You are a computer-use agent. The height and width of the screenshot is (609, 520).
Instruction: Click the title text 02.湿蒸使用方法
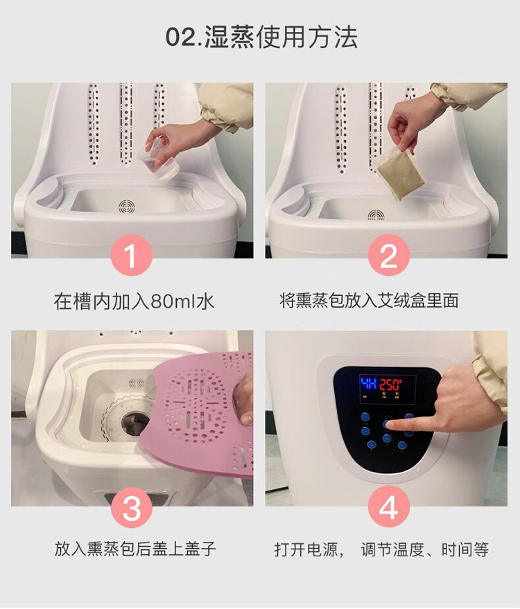click(x=261, y=37)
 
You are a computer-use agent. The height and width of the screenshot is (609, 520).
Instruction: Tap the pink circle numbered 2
click(x=389, y=255)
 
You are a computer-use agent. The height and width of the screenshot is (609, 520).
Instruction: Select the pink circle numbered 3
click(x=131, y=507)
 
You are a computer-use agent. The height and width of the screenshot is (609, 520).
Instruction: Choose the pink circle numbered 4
click(x=389, y=507)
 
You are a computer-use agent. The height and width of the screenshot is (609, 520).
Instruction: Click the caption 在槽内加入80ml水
click(x=134, y=301)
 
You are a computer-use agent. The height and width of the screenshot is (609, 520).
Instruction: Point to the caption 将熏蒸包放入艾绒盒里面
click(x=369, y=300)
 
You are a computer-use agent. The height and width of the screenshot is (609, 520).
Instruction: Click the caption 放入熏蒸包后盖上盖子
click(x=135, y=549)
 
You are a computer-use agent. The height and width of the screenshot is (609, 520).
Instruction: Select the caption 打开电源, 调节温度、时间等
click(x=381, y=549)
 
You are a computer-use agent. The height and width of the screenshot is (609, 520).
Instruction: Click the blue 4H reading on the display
click(x=368, y=384)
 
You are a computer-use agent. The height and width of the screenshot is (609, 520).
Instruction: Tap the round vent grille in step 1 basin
click(x=127, y=206)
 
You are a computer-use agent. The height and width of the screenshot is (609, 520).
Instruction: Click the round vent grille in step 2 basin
click(x=376, y=214)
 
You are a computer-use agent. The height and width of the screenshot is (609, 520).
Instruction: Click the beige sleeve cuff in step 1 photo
click(x=225, y=107)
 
